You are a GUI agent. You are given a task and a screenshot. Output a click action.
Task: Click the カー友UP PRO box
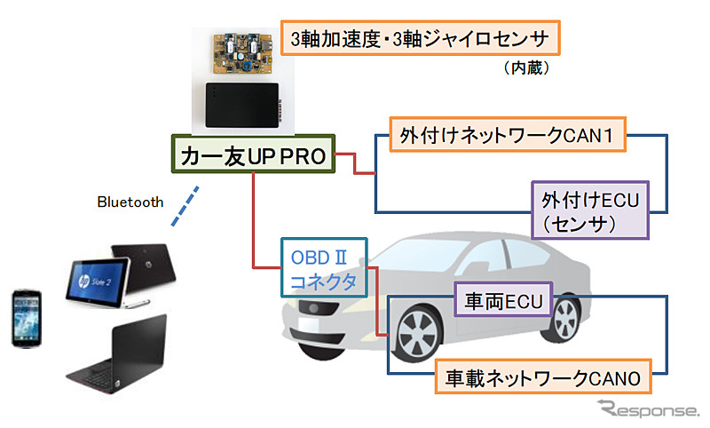click(x=253, y=155)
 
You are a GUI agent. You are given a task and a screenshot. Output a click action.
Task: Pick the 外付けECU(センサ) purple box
click(x=590, y=210)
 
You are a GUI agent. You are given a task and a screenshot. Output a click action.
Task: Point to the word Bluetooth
click(x=130, y=202)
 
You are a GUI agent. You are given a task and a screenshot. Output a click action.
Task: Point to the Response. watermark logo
click(x=648, y=409)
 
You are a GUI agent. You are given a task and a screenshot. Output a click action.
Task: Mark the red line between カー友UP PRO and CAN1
click(x=355, y=165)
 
